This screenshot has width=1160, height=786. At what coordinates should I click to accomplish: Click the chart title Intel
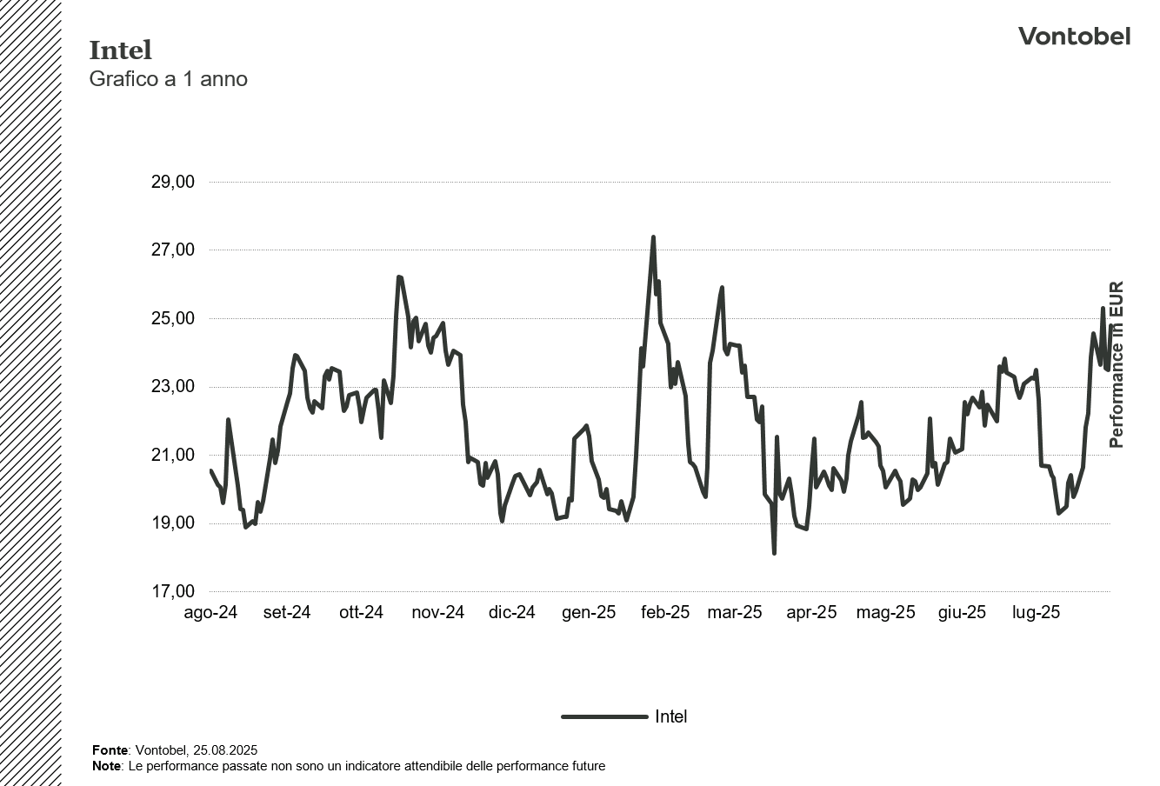120,50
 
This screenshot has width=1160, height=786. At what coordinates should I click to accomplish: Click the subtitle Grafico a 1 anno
168,79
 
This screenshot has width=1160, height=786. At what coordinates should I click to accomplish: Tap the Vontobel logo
1074,37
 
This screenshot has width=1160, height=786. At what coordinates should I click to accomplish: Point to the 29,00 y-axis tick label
172,182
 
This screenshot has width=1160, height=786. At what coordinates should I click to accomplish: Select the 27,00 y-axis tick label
172,250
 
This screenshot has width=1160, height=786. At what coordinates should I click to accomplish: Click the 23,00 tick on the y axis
172,387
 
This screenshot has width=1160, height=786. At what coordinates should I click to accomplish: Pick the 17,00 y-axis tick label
172,592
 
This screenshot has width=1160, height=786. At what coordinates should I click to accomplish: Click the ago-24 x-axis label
210,613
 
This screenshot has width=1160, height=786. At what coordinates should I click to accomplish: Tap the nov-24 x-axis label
437,613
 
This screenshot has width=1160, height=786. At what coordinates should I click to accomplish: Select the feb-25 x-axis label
665,613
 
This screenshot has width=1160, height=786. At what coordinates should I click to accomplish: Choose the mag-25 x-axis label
885,613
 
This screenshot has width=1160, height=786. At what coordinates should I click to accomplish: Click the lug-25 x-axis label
1036,613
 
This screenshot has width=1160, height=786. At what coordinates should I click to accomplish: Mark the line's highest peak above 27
653,237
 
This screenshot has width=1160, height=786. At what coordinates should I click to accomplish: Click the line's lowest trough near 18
774,552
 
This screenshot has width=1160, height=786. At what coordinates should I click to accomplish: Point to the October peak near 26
398,277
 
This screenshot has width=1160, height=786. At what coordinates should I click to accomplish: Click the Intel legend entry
670,716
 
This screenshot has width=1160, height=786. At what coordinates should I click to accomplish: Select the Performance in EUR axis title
1117,364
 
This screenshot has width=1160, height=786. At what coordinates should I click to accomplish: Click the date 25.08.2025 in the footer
225,749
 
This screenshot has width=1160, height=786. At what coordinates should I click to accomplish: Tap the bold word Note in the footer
106,766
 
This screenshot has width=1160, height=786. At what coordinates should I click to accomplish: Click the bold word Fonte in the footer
110,749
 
